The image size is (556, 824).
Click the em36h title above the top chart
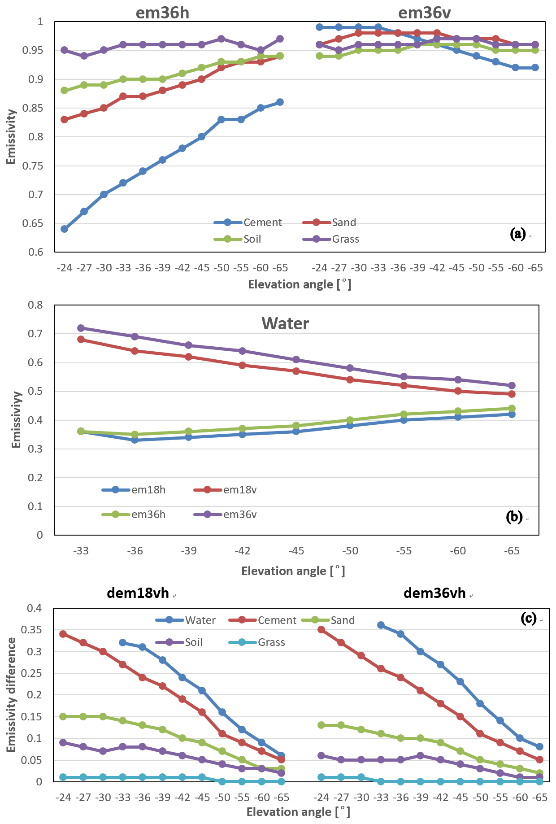point(162,13)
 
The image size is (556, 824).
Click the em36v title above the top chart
point(424,13)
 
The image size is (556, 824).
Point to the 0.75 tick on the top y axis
point(33,166)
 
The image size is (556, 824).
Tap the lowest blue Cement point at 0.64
point(64,229)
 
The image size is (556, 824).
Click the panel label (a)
point(518,234)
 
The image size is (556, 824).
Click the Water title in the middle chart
point(285,323)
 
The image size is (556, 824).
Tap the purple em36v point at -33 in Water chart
point(81,328)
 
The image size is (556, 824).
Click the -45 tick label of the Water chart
point(296,551)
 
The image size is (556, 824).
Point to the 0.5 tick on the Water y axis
point(36,392)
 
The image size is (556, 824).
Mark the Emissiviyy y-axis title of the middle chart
point(17,419)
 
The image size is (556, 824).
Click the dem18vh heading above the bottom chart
point(138,593)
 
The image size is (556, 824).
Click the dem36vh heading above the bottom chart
point(434,593)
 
